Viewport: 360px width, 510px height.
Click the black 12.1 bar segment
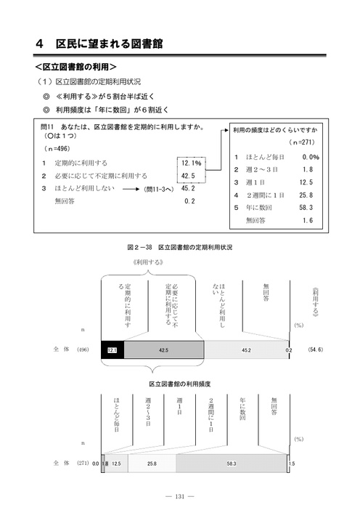click(x=112, y=349)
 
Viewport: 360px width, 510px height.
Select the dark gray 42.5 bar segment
click(x=164, y=349)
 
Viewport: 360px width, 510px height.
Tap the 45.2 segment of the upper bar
click(x=246, y=349)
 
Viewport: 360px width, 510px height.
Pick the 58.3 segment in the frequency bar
click(x=231, y=464)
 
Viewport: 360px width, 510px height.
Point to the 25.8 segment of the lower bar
click(x=152, y=464)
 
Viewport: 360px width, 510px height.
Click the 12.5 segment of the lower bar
click(x=116, y=464)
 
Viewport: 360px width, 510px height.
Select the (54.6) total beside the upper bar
click(x=315, y=349)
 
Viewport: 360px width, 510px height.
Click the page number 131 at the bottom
click(x=180, y=496)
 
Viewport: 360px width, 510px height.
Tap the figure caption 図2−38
click(x=139, y=248)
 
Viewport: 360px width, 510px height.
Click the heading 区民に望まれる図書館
click(x=109, y=44)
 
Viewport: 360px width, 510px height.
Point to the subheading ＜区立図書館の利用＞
click(x=75, y=67)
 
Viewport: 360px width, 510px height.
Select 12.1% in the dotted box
click(x=192, y=163)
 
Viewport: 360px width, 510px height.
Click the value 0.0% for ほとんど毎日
click(x=311, y=157)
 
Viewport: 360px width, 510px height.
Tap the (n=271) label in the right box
click(x=302, y=142)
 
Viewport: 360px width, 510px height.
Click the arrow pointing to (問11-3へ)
click(x=131, y=189)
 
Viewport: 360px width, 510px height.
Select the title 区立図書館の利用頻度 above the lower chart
click(x=180, y=384)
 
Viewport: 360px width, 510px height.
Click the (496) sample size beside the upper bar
click(x=83, y=349)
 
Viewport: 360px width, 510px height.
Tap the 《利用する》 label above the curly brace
click(x=148, y=262)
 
